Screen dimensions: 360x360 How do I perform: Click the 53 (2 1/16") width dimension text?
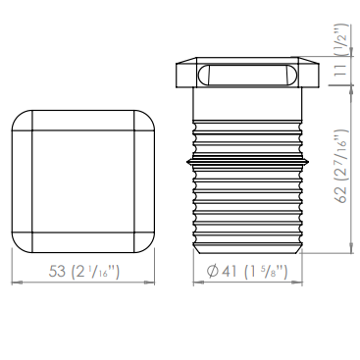pyautogui.click(x=84, y=272)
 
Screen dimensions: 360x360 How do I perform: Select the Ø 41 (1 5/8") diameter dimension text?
pyautogui.click(x=247, y=271)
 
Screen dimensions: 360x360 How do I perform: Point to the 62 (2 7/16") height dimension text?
pyautogui.click(x=341, y=166)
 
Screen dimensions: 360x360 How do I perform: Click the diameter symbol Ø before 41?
pyautogui.click(x=213, y=271)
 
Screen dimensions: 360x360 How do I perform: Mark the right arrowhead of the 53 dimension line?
pyautogui.click(x=150, y=282)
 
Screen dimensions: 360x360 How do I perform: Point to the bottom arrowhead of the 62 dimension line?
pyautogui.click(x=351, y=248)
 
